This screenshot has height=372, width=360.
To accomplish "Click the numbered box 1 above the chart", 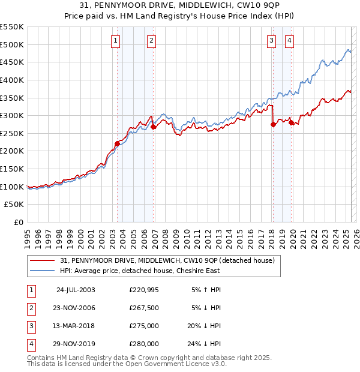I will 115,41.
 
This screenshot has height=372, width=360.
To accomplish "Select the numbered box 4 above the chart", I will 289,41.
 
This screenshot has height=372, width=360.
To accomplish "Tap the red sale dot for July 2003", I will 118,143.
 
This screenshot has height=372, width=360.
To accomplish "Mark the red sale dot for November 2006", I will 153,127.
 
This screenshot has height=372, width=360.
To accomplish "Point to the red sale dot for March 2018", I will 273,124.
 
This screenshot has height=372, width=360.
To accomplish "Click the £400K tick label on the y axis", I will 12,80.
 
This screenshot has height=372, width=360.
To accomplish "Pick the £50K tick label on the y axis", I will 14,205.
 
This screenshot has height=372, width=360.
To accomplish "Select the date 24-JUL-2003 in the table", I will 75,290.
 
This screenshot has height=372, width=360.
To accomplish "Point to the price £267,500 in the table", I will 144,308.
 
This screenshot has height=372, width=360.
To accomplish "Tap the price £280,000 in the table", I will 144,344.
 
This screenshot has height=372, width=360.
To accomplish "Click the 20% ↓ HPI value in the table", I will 204,326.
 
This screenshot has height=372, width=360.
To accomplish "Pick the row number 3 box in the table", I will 29,326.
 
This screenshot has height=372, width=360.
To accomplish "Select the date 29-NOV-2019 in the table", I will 75,344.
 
